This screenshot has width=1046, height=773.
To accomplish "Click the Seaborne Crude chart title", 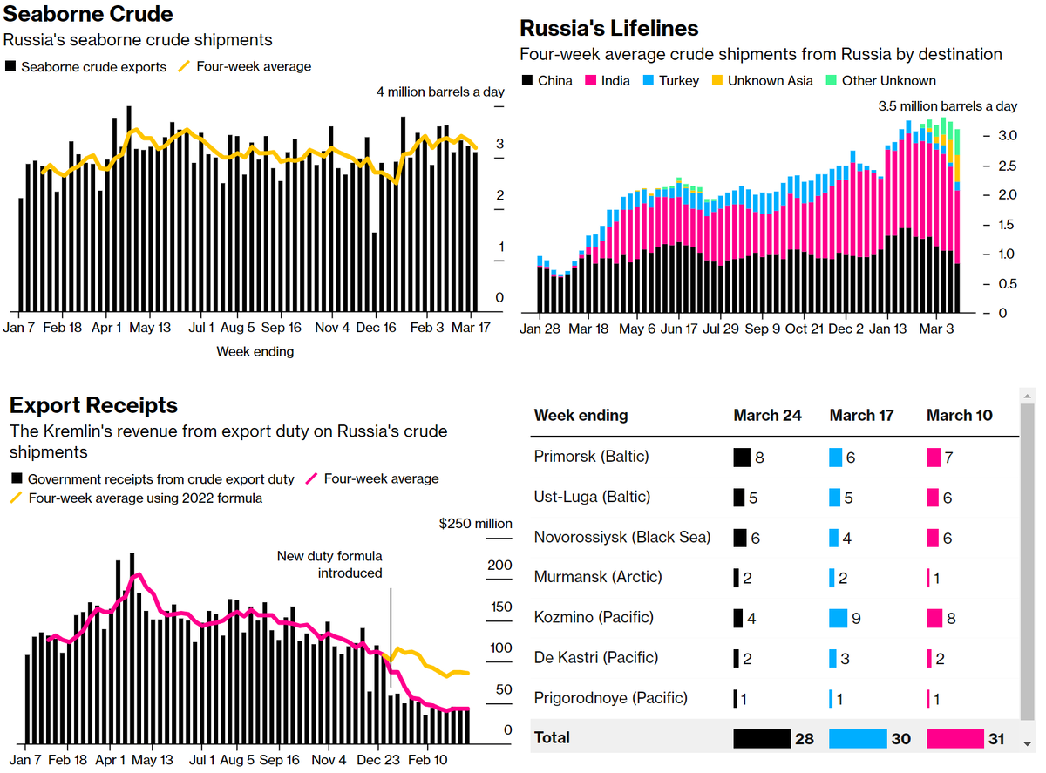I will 88,14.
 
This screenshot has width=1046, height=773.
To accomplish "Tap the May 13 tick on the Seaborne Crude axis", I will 150,328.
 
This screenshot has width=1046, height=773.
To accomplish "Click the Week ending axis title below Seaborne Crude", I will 255,352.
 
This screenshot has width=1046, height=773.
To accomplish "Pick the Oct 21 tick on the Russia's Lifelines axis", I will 804,329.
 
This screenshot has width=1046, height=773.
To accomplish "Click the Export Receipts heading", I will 93,405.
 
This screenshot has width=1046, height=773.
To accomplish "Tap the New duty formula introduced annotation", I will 329,565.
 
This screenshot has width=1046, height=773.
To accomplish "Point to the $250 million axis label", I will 475,523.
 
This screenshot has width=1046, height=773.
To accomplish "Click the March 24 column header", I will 767,415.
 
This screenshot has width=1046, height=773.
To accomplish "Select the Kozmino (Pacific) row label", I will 593,618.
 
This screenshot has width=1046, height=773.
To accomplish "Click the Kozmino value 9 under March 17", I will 856,619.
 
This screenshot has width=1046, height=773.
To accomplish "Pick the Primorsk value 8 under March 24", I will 759,458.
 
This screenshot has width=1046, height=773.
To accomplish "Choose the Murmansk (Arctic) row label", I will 598,577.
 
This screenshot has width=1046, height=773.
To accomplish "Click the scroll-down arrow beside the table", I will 1029,743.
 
